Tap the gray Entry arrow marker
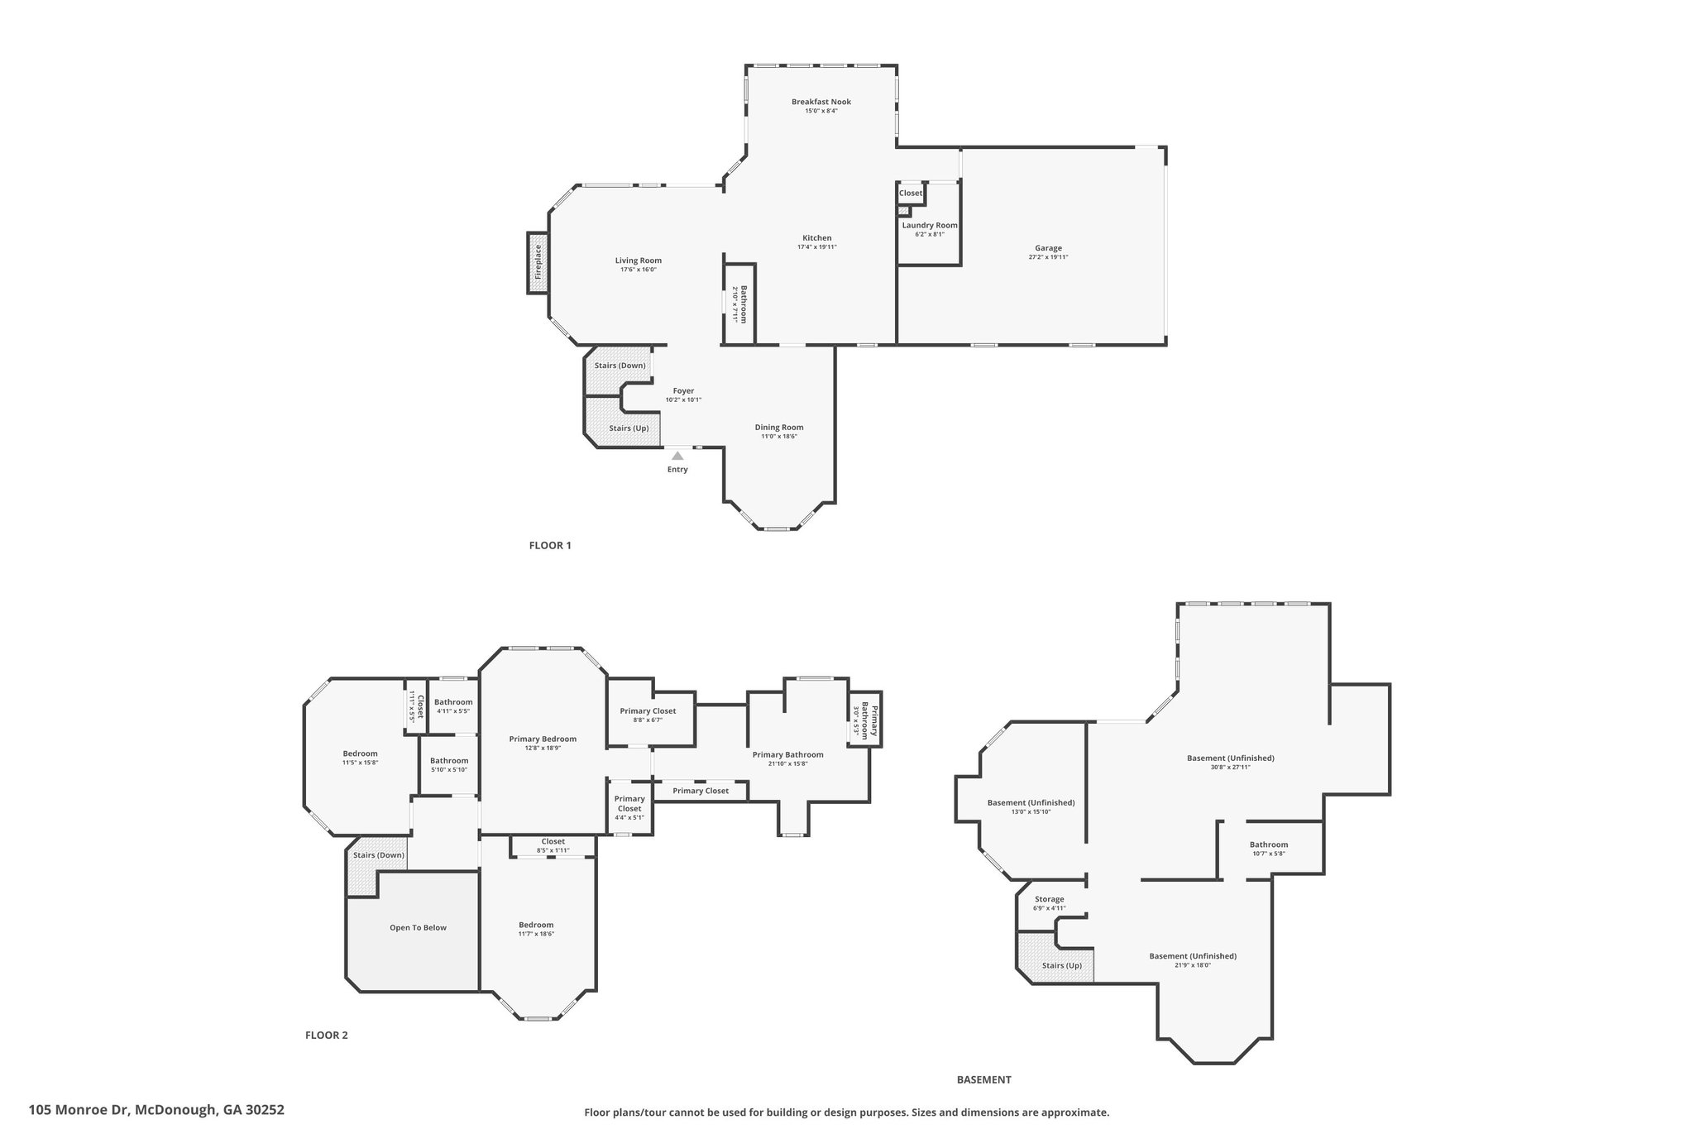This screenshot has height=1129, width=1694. tap(677, 455)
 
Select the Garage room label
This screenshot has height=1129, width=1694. tap(1048, 248)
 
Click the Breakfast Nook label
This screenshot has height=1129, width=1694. tap(821, 102)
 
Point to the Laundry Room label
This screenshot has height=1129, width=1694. tap(930, 225)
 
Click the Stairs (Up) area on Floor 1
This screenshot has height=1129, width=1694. tap(622, 422)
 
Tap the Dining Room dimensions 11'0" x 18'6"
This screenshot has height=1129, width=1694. tap(779, 437)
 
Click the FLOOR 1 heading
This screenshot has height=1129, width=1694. tap(550, 545)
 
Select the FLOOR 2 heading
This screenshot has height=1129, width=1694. tap(327, 1035)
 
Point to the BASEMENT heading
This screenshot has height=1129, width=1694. tap(984, 1079)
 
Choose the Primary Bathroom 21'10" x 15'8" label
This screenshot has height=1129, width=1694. tap(787, 758)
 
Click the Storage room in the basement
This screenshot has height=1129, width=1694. tap(1050, 902)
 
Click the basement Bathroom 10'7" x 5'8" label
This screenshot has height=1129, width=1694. tap(1269, 849)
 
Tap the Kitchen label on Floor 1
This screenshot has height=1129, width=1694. tap(816, 238)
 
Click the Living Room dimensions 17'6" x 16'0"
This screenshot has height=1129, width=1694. tap(639, 270)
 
